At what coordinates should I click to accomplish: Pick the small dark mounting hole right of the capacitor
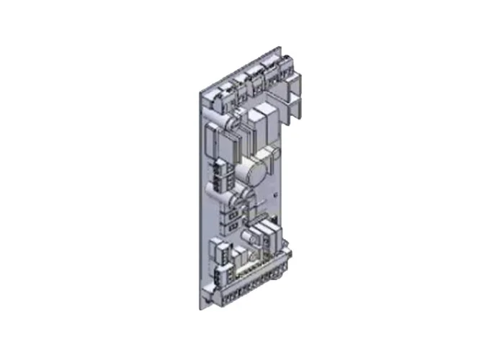(x=277, y=194)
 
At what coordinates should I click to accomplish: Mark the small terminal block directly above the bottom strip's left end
(x=220, y=252)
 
